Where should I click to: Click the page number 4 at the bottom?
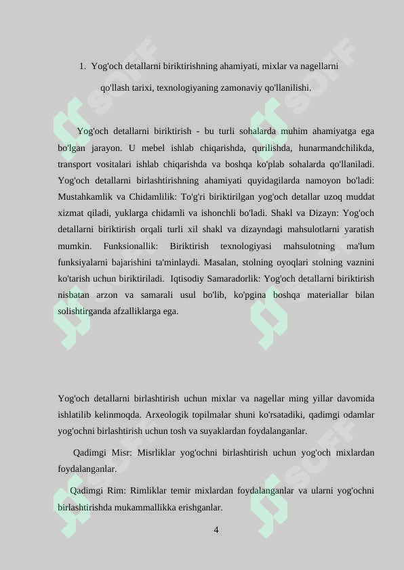point(216,530)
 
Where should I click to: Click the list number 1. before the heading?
point(82,66)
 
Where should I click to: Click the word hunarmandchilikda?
point(335,148)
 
